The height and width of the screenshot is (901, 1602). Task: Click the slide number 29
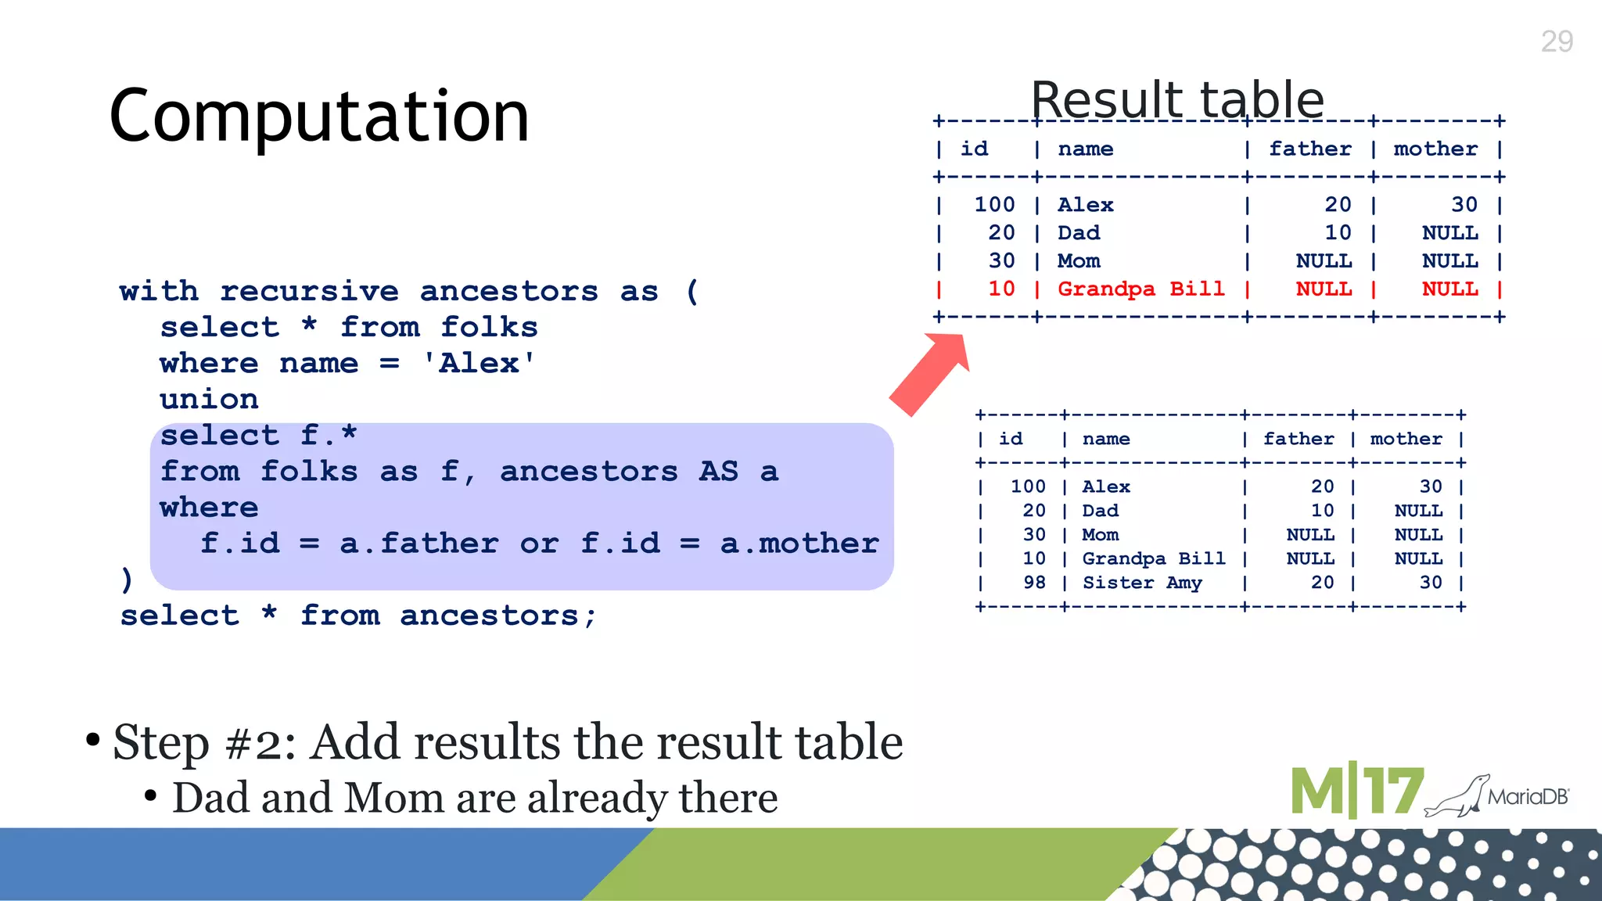click(x=1556, y=41)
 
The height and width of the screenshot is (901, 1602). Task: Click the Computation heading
click(x=319, y=116)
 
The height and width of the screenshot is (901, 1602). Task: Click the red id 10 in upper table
click(x=1001, y=289)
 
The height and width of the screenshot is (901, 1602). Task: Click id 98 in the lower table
click(x=1034, y=583)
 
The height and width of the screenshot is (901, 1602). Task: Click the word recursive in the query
click(x=309, y=292)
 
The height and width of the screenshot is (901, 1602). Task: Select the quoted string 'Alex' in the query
click(x=479, y=364)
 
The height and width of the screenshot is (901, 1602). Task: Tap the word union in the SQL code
click(x=209, y=400)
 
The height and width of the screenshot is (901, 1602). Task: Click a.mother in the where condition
click(x=799, y=544)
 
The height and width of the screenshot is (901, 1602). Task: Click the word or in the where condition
click(x=539, y=544)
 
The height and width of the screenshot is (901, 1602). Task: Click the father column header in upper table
click(x=1309, y=149)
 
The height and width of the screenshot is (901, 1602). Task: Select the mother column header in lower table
click(x=1406, y=440)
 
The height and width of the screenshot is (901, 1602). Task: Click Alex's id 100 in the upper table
click(x=994, y=205)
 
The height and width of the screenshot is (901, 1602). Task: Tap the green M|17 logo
click(x=1356, y=792)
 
